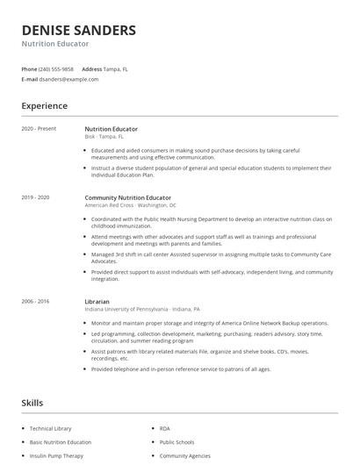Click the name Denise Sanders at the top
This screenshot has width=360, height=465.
pyautogui.click(x=79, y=30)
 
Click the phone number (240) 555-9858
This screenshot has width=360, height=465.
pyautogui.click(x=57, y=68)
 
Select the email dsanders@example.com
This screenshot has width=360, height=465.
pyautogui.click(x=68, y=79)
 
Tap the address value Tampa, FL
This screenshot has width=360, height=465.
pyautogui.click(x=116, y=68)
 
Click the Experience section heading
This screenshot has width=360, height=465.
pyautogui.click(x=44, y=106)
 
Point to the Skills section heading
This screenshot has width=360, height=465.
pyautogui.click(x=32, y=403)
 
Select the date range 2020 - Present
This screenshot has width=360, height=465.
pyautogui.click(x=39, y=129)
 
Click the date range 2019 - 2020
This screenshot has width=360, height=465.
pyautogui.click(x=36, y=198)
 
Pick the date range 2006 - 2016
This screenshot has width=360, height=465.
pyautogui.click(x=36, y=302)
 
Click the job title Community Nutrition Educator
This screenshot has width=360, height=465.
pyautogui.click(x=128, y=198)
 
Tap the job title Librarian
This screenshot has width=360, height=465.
pyautogui.click(x=97, y=302)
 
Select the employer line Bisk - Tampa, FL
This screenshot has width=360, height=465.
pyautogui.click(x=104, y=137)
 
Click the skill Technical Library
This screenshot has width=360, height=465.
pyautogui.click(x=49, y=428)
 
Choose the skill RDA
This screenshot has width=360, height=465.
pyautogui.click(x=165, y=428)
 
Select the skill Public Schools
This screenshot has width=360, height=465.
pyautogui.click(x=177, y=442)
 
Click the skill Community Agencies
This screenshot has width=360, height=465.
pyautogui.click(x=184, y=456)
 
